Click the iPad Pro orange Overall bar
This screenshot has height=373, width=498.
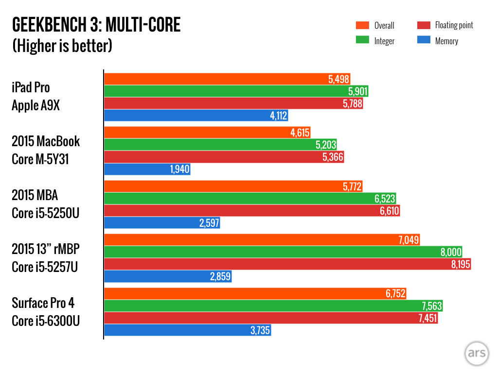pos(214,79)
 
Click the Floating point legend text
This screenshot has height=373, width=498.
pos(454,25)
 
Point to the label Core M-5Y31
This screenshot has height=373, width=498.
pos(40,159)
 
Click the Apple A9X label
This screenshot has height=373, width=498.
pos(36,105)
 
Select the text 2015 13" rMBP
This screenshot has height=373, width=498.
pos(45,249)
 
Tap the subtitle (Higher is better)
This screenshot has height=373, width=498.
pos(62,46)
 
